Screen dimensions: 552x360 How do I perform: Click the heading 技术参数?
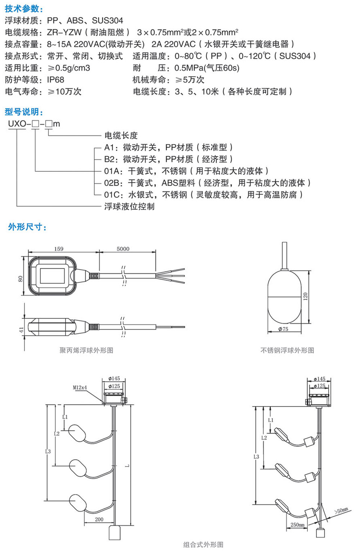pos(24,9)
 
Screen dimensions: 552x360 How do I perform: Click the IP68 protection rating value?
pos(55,80)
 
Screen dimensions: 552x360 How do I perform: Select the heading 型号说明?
pos(24,112)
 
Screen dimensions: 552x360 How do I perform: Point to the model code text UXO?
pos(17,124)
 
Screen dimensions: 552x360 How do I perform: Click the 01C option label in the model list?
pos(112,195)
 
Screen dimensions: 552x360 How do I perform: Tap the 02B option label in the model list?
pos(112,183)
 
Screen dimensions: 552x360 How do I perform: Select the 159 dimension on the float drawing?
pos(59,249)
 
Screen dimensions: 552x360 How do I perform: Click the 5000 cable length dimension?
pos(123,249)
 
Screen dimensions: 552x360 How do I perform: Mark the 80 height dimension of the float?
pos(21,278)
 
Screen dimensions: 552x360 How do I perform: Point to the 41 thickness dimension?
pos(21,329)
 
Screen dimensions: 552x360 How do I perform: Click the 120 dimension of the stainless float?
pos(306,296)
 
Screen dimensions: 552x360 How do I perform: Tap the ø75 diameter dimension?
pos(283,329)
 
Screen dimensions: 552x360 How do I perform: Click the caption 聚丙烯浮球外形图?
pos(86,350)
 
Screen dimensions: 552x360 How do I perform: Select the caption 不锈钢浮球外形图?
pos(287,350)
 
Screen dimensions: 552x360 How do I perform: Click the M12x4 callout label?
pos(80,388)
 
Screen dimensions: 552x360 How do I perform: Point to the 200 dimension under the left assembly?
pos(99,519)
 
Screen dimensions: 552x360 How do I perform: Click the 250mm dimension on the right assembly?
pos(297,525)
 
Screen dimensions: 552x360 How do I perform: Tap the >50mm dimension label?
pos(341,511)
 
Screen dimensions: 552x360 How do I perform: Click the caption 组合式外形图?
pos(203,544)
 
